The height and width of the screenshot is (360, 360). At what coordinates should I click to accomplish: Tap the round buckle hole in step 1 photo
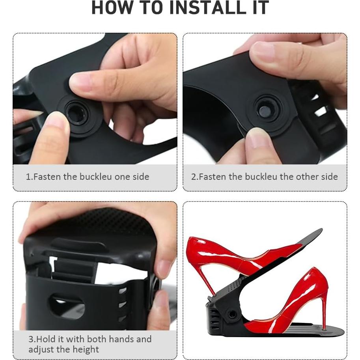pyautogui.click(x=76, y=112)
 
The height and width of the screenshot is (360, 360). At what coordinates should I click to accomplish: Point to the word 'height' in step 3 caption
pyautogui.click(x=86, y=350)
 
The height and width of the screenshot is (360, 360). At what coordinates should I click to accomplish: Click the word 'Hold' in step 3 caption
pyautogui.click(x=45, y=339)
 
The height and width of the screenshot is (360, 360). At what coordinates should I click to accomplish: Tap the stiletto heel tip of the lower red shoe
pyautogui.click(x=323, y=329)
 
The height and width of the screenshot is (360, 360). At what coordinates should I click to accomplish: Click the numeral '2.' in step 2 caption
pyautogui.click(x=195, y=177)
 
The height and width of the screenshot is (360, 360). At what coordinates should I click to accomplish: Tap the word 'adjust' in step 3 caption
pyautogui.click(x=41, y=350)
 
